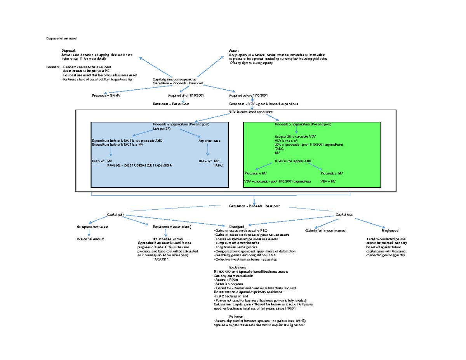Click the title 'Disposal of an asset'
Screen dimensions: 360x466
click(62, 38)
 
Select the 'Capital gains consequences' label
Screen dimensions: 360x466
click(172, 79)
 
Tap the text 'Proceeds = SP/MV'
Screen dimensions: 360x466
click(104, 95)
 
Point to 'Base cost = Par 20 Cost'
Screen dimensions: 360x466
click(171, 104)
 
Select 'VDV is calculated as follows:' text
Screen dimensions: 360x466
click(252, 112)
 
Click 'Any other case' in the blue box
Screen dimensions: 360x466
click(209, 141)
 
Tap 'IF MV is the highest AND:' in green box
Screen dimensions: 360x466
click(294, 161)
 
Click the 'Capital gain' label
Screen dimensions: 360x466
click(115, 214)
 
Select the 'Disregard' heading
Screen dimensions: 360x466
click(236, 226)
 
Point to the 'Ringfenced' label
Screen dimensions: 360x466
click(390, 230)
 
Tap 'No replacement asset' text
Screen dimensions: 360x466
click(92, 226)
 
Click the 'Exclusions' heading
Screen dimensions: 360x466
click(238, 268)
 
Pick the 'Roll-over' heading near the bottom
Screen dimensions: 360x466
click(236, 316)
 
